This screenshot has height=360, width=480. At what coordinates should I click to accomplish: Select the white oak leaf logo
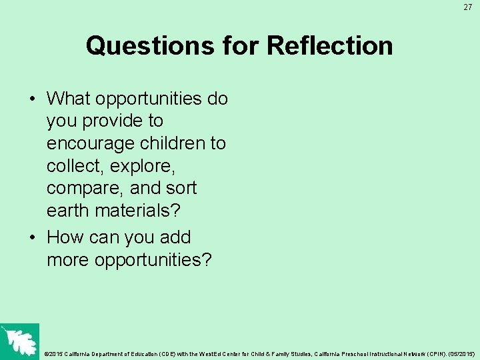(x=19, y=341)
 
